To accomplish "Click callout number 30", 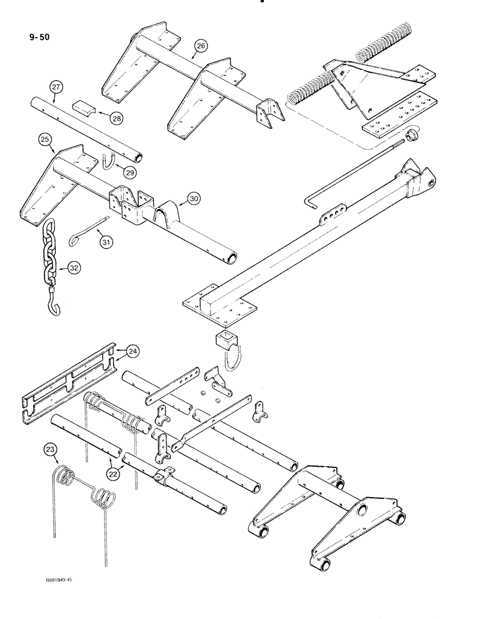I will [x=194, y=199].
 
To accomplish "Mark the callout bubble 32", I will [x=74, y=268].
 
